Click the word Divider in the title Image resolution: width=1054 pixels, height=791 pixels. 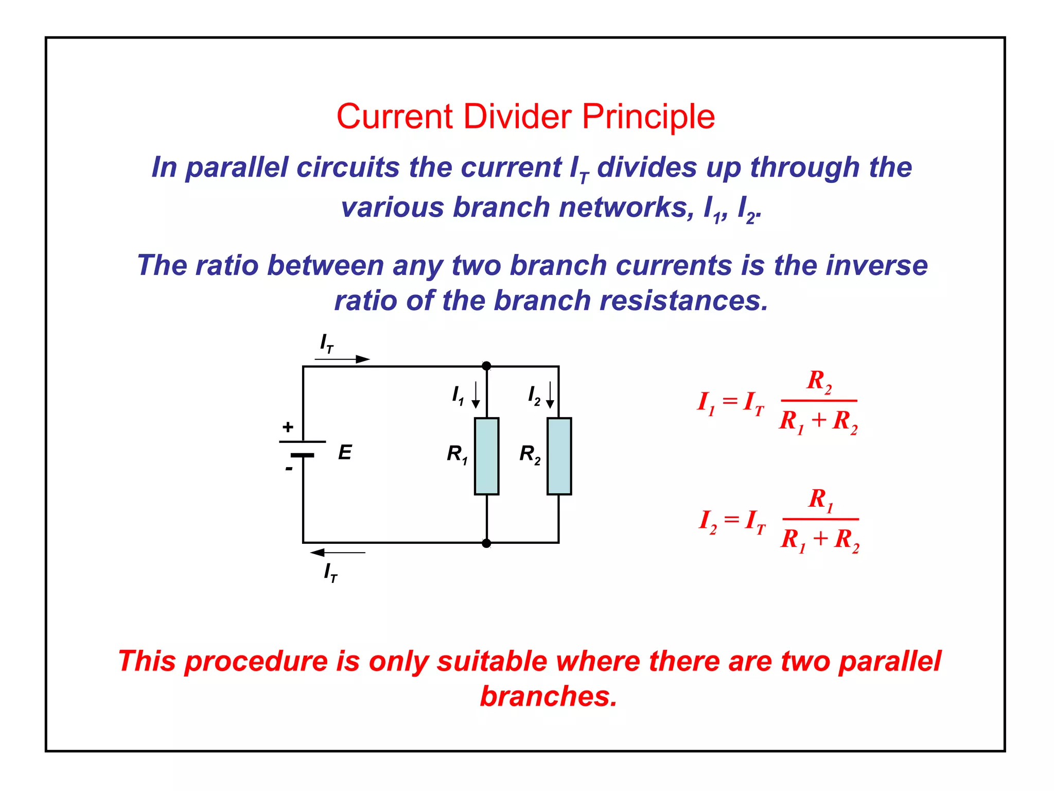point(517,116)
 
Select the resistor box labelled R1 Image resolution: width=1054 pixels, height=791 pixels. point(486,456)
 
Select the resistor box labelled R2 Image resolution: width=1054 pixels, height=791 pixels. point(559,456)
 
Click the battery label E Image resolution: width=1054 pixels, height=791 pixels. point(345,453)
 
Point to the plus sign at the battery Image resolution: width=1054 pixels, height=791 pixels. point(288,427)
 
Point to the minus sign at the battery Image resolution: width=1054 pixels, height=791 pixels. point(289,469)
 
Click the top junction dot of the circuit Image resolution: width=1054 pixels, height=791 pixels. point(486,366)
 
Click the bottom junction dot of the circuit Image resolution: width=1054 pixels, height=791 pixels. point(486,543)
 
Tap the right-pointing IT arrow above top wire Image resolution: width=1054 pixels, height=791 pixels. point(342,359)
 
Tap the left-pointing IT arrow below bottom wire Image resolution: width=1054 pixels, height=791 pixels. point(338,553)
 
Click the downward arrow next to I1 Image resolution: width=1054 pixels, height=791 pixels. point(476,395)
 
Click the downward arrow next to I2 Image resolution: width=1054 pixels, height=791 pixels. point(550,395)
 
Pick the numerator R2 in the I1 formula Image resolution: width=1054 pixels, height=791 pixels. point(818,381)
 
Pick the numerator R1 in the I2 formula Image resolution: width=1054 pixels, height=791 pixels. point(820,500)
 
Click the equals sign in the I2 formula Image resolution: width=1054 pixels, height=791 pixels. point(731,519)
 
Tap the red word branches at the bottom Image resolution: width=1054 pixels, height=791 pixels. point(548,696)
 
